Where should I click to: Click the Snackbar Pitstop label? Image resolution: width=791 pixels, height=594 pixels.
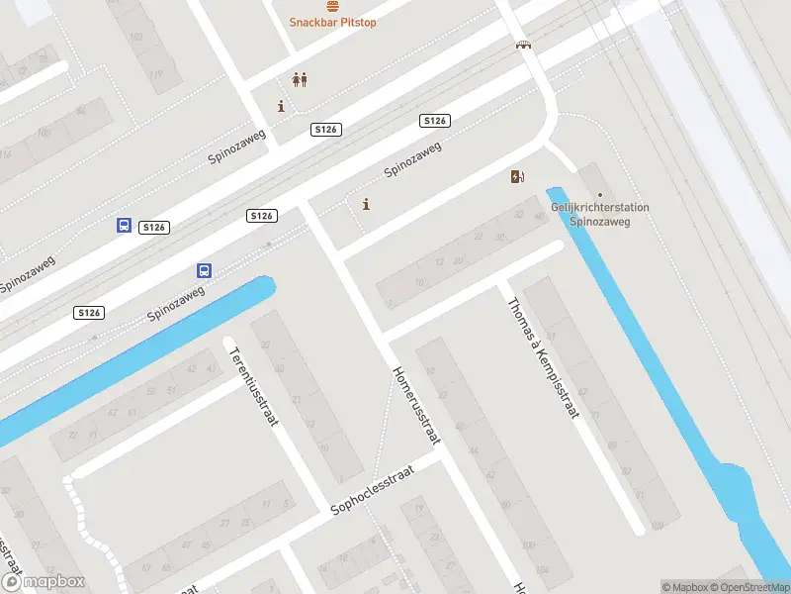[332, 22]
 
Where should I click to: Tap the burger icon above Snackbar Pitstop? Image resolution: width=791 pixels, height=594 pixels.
[332, 6]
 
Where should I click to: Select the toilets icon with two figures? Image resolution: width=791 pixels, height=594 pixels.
[299, 80]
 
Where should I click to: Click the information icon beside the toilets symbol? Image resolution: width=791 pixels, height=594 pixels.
[282, 106]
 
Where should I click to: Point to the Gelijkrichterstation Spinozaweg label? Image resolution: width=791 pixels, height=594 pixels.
[599, 214]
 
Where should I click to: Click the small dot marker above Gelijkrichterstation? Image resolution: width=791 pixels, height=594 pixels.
[599, 195]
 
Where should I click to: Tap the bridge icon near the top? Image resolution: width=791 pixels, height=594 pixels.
[522, 45]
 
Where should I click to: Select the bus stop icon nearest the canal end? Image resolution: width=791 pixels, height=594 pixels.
[205, 270]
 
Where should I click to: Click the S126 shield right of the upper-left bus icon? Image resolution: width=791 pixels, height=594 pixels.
[154, 228]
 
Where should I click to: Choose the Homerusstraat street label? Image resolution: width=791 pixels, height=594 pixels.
[416, 407]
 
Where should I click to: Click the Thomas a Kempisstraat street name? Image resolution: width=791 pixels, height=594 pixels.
[541, 358]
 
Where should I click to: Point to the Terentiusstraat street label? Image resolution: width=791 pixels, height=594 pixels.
[252, 385]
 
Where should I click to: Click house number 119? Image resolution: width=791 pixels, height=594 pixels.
[155, 74]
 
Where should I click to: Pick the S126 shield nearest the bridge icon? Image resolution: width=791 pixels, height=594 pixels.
[435, 121]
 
